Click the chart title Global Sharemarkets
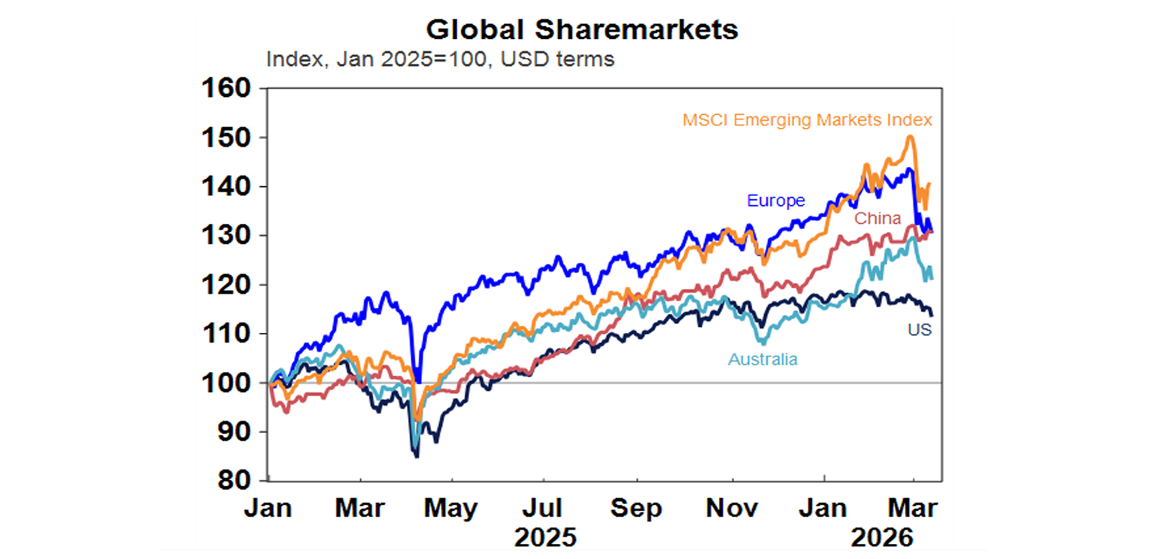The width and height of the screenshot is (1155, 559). pos(582,29)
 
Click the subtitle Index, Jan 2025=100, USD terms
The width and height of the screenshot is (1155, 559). pos(440,59)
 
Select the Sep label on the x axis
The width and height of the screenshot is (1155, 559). pos(637,509)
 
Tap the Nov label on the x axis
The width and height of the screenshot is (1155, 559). pos(732,509)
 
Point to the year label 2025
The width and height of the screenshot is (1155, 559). pos(545,538)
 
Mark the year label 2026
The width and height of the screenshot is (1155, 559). pos(882,538)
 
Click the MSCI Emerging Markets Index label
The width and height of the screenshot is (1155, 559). pos(808,120)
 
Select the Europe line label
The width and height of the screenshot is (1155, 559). pos(775,201)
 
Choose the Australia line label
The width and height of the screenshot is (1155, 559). pos(762,359)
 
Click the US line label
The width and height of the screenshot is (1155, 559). pos(918,329)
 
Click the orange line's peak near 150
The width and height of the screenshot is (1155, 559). pos(910,137)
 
